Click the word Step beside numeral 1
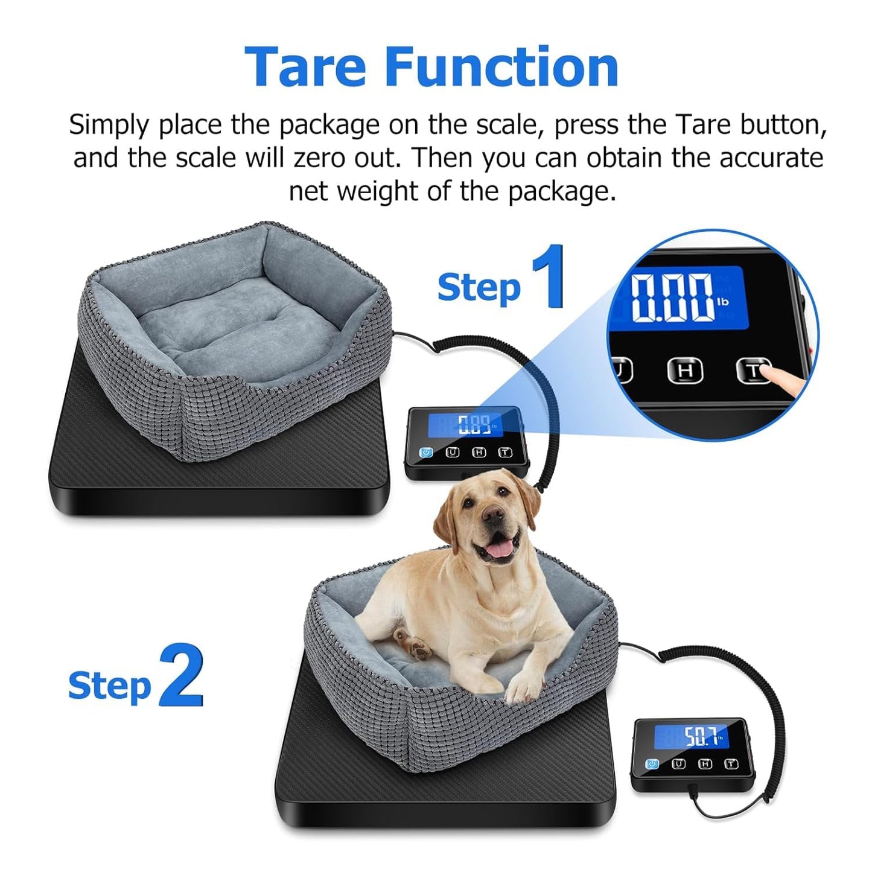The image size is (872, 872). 479,287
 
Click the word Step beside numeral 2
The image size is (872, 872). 109,686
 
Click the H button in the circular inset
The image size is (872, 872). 685,371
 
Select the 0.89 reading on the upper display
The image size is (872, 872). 473,425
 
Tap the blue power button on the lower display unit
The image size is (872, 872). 652,764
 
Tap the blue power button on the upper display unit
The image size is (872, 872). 426,452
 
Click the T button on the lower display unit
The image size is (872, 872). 731,764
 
